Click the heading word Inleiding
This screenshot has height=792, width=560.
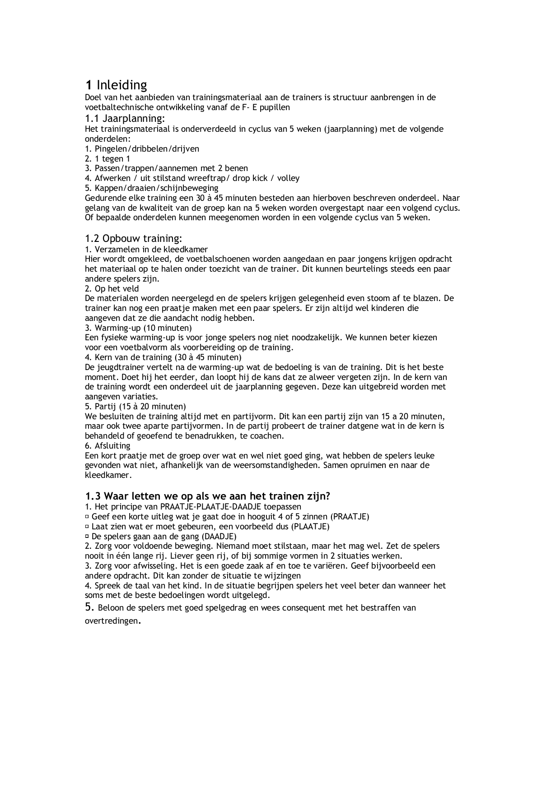[x=122, y=85]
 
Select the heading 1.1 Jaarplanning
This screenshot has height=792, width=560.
[x=125, y=119]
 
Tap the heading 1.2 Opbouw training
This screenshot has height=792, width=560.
[x=134, y=238]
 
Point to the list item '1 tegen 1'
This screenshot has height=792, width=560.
[x=112, y=159]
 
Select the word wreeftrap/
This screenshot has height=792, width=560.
[x=208, y=178]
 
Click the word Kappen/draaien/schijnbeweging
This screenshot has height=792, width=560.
[x=156, y=188]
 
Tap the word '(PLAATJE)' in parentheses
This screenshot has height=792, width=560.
[x=310, y=527]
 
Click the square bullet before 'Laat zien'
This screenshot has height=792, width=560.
[x=87, y=527]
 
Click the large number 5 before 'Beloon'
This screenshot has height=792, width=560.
[x=89, y=607]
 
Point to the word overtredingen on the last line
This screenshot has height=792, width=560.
[x=111, y=621]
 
